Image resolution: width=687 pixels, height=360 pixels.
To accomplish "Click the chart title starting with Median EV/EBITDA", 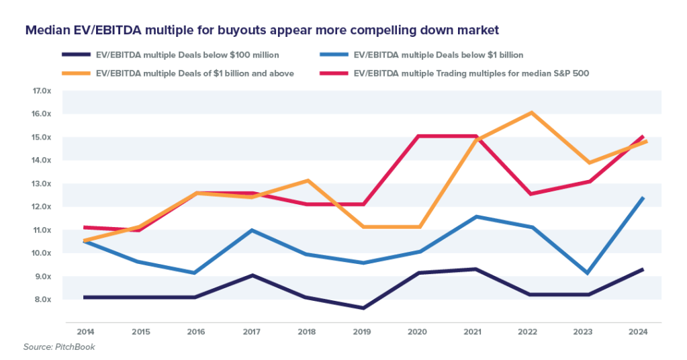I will [x=263, y=31].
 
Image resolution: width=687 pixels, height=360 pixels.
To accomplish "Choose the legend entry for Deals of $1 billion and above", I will [x=195, y=73].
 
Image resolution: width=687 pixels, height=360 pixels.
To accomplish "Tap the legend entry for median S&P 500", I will [x=471, y=73].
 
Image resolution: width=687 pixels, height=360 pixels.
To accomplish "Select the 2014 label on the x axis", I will [x=85, y=331].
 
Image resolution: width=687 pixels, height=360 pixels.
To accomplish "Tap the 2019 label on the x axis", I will [x=363, y=331].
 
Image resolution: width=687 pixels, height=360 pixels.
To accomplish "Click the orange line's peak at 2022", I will [x=532, y=113].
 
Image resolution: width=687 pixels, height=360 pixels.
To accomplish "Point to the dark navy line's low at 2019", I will [x=363, y=308].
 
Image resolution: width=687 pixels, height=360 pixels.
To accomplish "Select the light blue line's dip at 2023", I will [x=588, y=274].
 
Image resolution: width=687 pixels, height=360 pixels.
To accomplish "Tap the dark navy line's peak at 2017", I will [x=252, y=275].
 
